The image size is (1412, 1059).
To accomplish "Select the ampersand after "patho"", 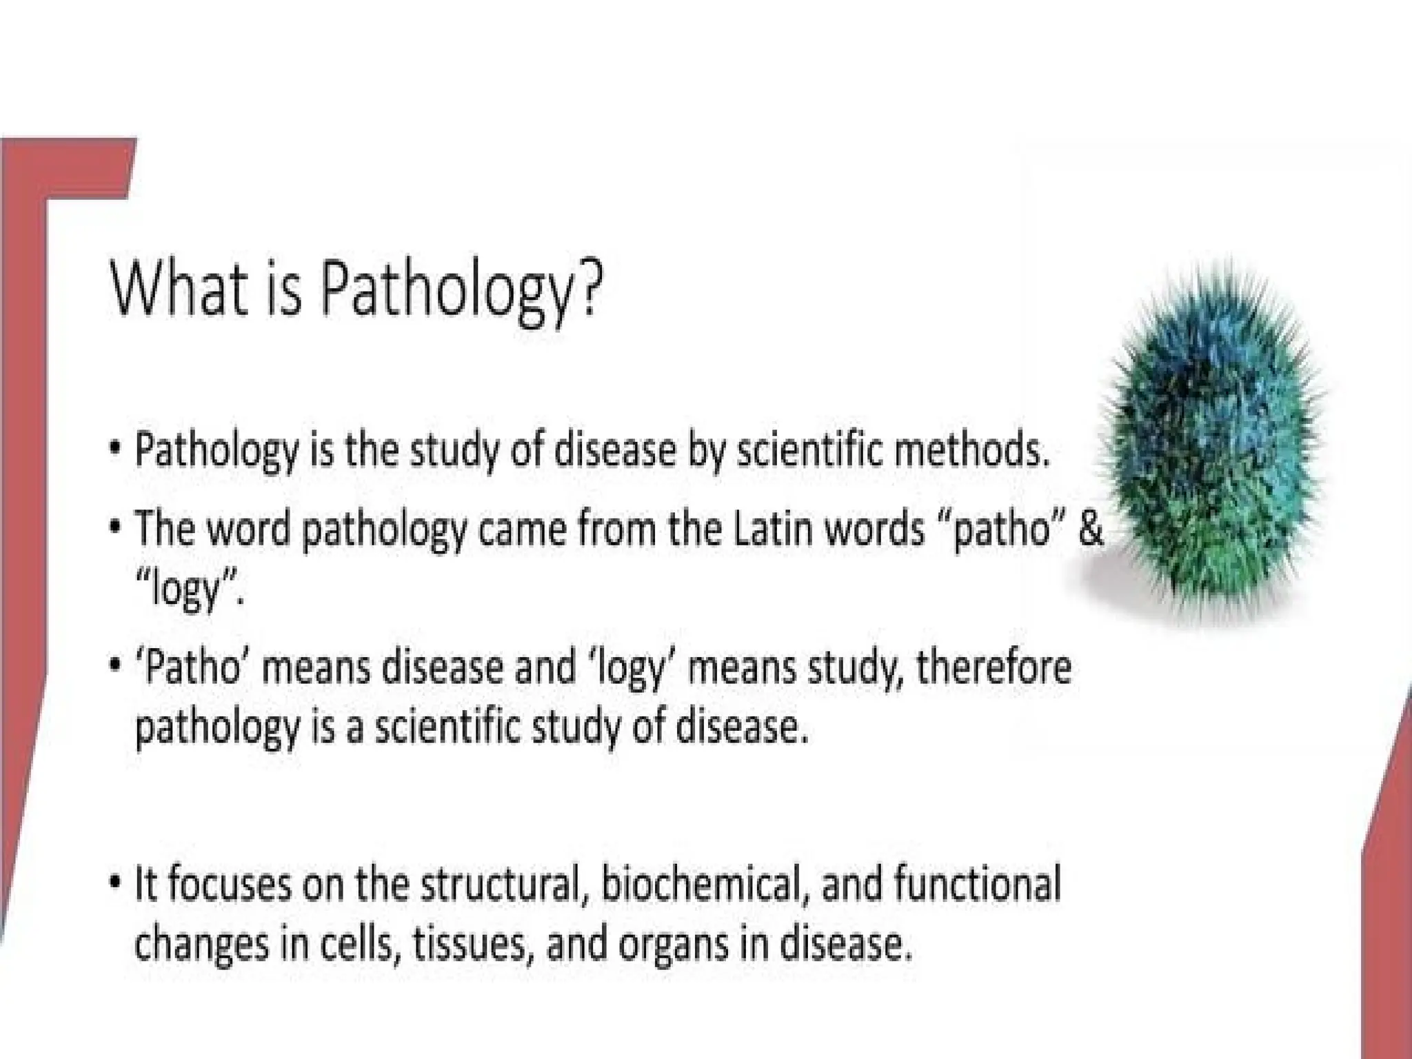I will click(1091, 529).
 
